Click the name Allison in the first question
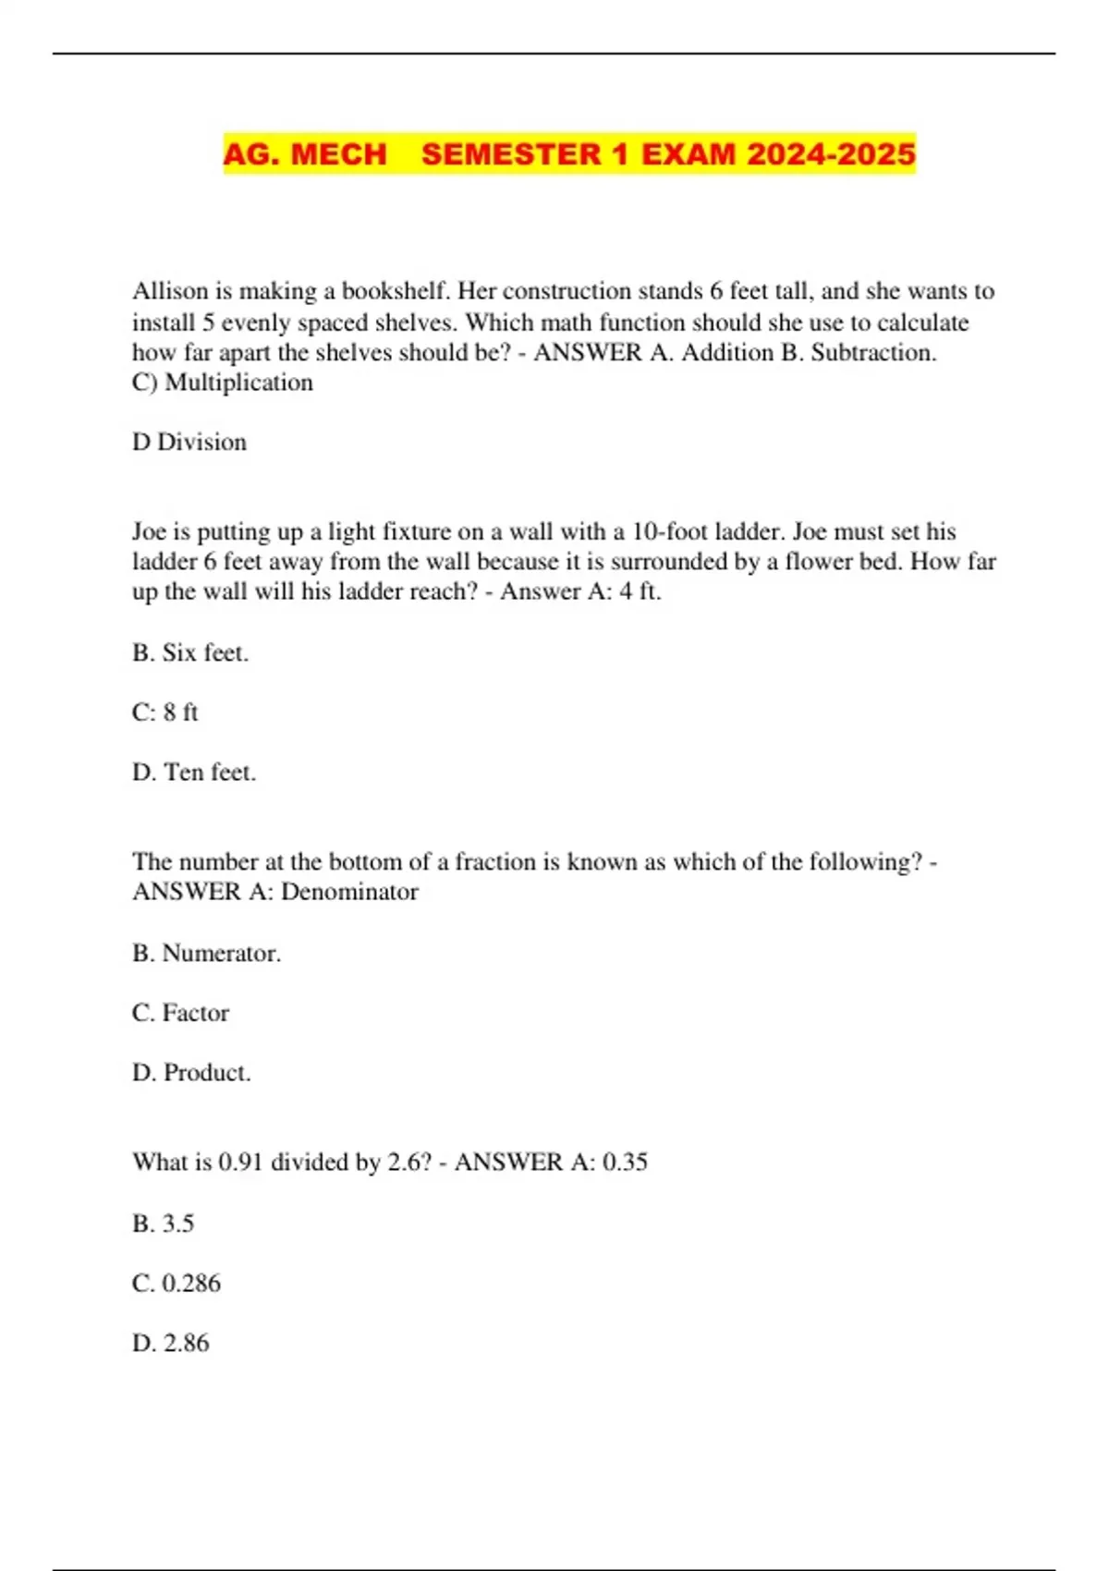click(170, 291)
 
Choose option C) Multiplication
click(223, 383)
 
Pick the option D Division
click(189, 443)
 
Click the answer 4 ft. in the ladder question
click(640, 591)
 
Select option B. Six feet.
click(190, 652)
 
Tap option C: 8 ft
click(165, 712)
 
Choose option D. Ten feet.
click(194, 773)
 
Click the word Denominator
click(349, 892)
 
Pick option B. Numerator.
click(206, 953)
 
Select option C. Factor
click(180, 1013)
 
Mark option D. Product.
click(191, 1073)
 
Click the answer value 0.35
click(625, 1162)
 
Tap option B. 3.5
click(164, 1224)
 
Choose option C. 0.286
click(177, 1284)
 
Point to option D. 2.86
click(171, 1343)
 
